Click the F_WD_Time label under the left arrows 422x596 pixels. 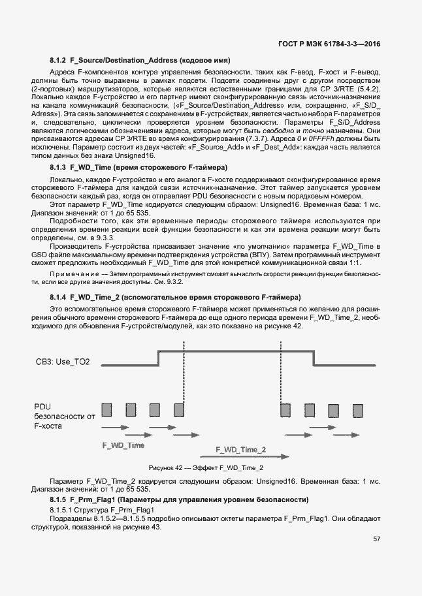click(123, 445)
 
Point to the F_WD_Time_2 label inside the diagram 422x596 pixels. click(241, 450)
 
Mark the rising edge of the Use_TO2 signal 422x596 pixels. click(159, 359)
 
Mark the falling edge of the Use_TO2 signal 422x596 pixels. click(313, 359)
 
